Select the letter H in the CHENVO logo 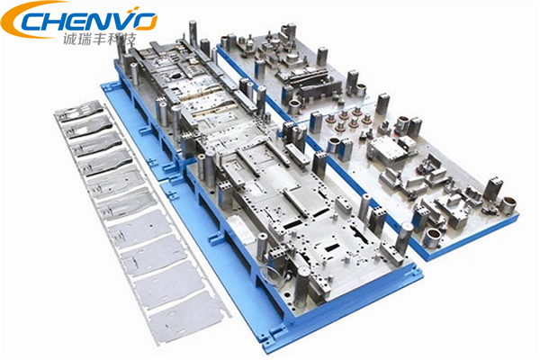tap(54, 22)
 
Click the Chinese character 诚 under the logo tap(69, 39)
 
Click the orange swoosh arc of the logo tap(21, 17)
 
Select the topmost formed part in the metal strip tap(80, 110)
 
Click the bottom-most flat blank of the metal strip tap(185, 316)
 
